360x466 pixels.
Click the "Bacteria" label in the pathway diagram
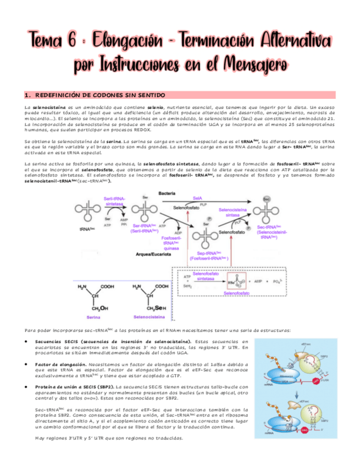[167, 193]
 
